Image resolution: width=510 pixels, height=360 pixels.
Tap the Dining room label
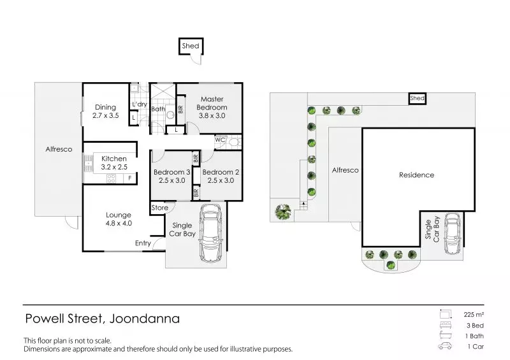[x=105, y=112]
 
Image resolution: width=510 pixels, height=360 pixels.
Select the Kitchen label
[x=114, y=162]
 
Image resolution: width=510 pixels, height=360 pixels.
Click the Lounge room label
[x=119, y=219]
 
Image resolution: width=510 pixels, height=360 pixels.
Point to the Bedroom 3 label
[x=171, y=176]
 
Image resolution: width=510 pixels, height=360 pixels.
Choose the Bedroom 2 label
[x=219, y=176]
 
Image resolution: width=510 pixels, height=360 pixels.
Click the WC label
[x=220, y=140]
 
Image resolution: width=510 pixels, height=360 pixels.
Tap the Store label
[x=160, y=208]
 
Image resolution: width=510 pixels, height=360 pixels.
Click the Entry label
[x=143, y=243]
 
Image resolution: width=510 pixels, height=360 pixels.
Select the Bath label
[x=158, y=110]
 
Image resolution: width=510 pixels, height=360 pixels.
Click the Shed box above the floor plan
[x=191, y=46]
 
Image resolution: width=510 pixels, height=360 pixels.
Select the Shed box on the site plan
[x=417, y=99]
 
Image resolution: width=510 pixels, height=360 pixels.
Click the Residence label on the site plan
[x=417, y=175]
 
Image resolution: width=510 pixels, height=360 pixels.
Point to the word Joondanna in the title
[x=145, y=318]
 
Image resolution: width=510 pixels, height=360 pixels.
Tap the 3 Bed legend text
[x=471, y=326]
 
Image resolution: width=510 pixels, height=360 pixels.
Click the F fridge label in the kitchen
[x=129, y=178]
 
